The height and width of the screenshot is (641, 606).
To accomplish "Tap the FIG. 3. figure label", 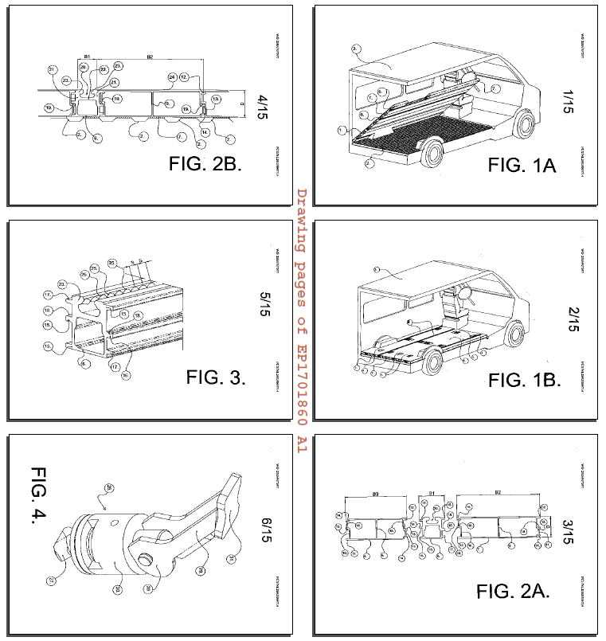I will pos(216,377).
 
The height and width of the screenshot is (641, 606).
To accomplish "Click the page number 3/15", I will pos(567,531).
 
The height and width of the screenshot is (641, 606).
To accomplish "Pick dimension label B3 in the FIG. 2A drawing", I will pos(375,494).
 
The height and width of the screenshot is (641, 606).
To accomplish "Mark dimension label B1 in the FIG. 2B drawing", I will pos(87,57).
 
